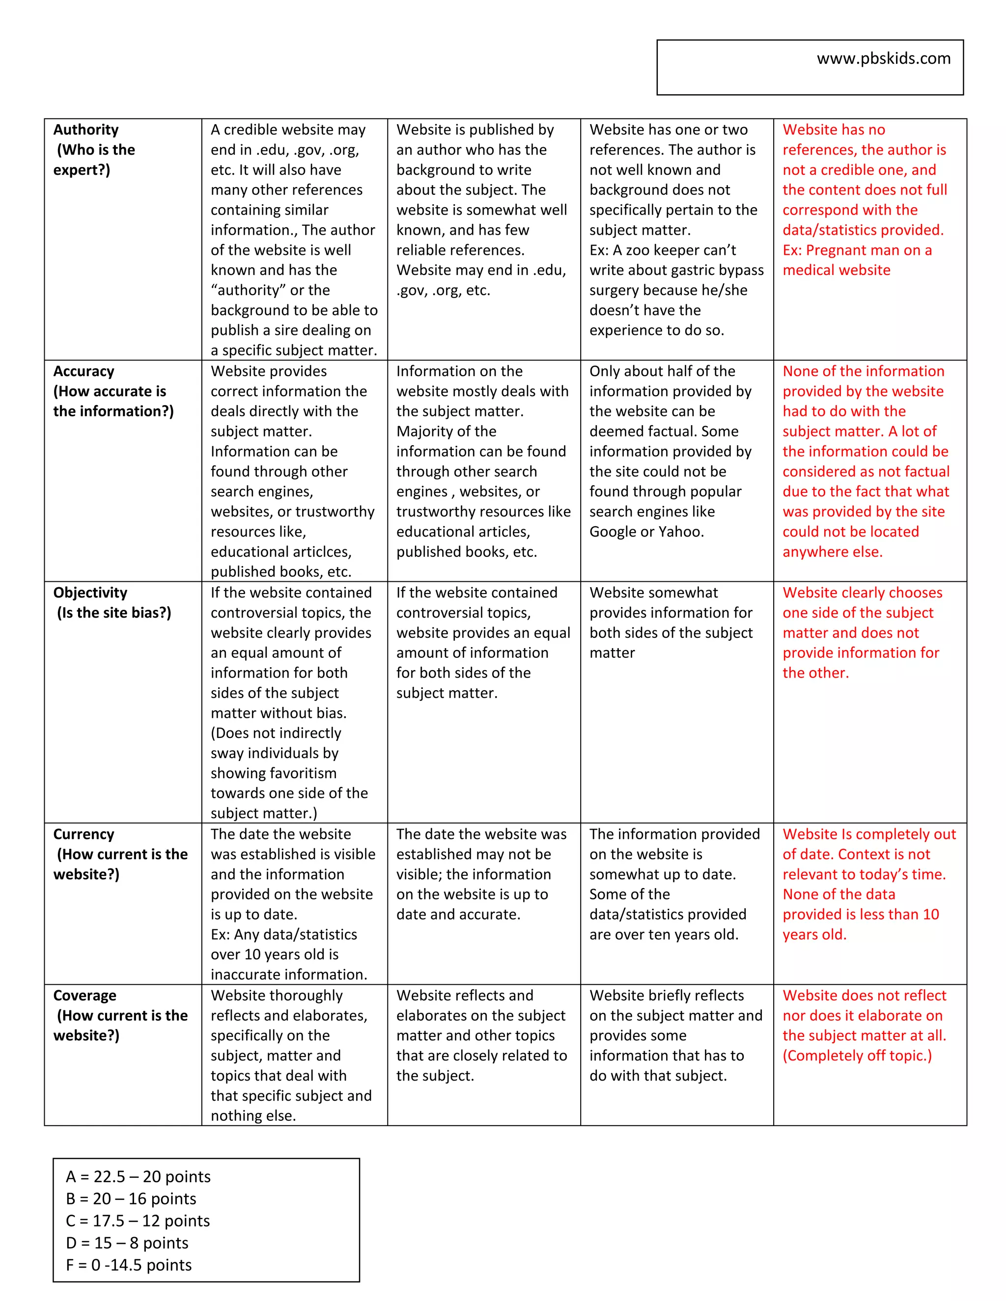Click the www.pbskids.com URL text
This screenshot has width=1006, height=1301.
883,58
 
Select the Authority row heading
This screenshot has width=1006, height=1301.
86,130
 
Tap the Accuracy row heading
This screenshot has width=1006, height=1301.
84,371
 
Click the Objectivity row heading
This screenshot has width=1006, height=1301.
90,593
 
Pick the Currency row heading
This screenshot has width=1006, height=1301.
84,834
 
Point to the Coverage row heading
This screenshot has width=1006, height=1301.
84,996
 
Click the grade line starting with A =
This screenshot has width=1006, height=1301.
138,1176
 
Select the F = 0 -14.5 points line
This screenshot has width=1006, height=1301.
129,1265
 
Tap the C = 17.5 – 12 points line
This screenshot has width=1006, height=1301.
138,1220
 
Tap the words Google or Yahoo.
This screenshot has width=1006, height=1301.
646,531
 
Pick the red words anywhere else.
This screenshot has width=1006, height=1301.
832,552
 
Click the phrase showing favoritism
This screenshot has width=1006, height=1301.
274,773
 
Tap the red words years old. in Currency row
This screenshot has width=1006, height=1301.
814,934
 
